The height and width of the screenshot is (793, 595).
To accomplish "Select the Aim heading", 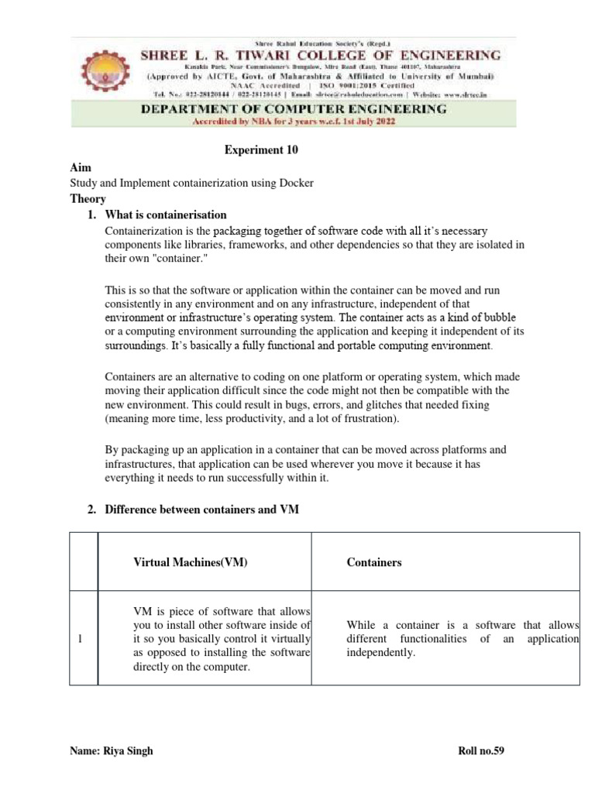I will pos(80,167).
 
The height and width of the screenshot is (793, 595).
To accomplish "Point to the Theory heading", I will pos(88,198).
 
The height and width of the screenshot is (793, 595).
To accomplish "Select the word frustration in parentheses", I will pos(370,419).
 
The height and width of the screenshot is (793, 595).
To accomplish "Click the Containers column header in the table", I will pos(374,562).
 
